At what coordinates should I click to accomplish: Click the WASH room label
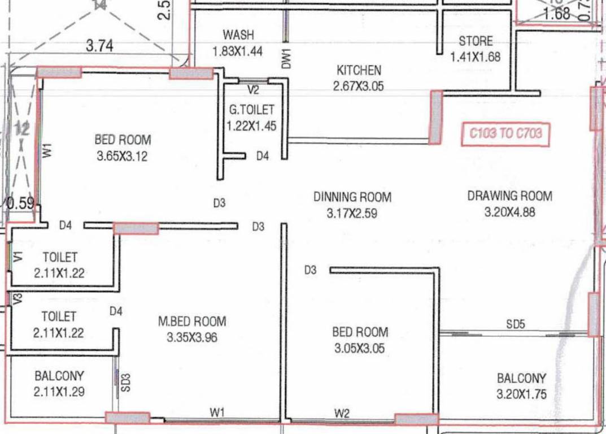point(238,35)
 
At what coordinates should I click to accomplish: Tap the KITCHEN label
point(359,71)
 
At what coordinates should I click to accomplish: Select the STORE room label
point(476,41)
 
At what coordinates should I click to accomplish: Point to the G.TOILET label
point(251,110)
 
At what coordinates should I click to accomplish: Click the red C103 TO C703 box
point(505,134)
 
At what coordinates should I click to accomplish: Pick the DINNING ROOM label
point(352,197)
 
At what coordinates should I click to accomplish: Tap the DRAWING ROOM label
point(509,196)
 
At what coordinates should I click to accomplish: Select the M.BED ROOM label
point(192,322)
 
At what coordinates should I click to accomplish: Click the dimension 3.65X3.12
point(122,156)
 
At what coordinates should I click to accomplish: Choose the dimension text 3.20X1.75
point(521,394)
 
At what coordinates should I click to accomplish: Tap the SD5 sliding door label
point(515,324)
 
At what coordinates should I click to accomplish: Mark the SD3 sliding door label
point(126,383)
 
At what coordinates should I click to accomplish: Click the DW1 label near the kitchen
point(286,59)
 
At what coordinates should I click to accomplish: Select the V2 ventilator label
point(252,89)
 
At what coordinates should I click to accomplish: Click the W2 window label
point(342,414)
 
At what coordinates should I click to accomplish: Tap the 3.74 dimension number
point(99,46)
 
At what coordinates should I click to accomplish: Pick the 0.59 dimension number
point(20,203)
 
